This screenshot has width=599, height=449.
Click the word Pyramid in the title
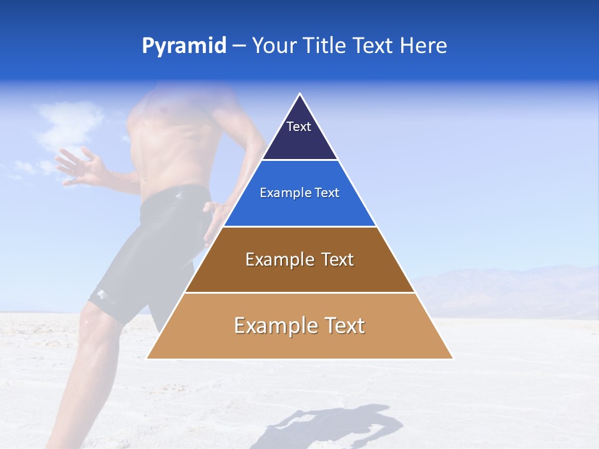pos(184,46)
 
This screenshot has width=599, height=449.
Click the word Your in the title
pos(273,46)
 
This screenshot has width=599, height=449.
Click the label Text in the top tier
pos(299,127)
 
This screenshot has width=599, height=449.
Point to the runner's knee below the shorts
pos(94,324)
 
